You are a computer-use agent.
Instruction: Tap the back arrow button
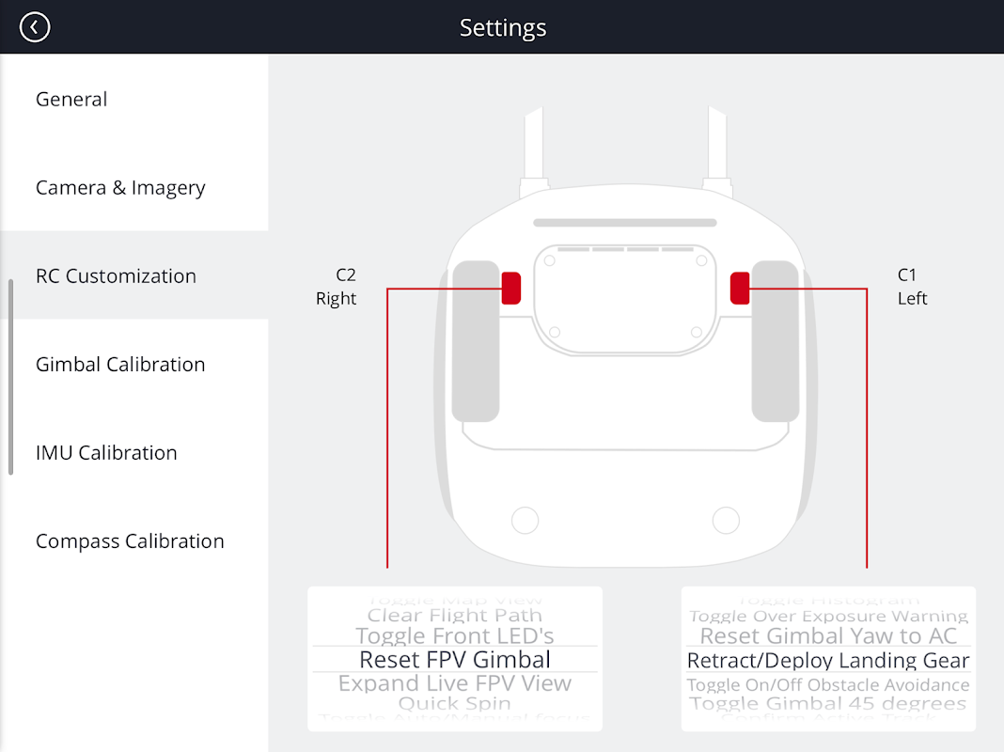[x=35, y=27]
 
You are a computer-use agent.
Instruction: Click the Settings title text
[x=502, y=27]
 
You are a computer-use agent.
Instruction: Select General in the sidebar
[x=71, y=100]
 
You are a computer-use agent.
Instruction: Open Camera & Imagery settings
[x=120, y=188]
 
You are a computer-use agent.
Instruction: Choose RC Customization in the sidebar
[x=116, y=276]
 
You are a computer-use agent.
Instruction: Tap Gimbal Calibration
[x=120, y=365]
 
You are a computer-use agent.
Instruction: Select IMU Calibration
[x=106, y=453]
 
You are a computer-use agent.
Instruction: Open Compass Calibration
[x=130, y=541]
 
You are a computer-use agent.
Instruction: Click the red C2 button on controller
[x=510, y=288]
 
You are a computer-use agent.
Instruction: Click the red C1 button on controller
[x=740, y=288]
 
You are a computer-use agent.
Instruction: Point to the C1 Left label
[x=911, y=287]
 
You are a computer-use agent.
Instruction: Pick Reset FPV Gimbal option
[x=455, y=660]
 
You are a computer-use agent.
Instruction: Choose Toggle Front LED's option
[x=455, y=636]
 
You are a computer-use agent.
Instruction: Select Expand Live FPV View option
[x=455, y=683]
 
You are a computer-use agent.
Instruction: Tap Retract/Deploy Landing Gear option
[x=828, y=661]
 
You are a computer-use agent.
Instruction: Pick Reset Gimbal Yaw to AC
[x=828, y=636]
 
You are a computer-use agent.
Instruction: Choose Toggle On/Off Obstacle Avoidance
[x=828, y=684]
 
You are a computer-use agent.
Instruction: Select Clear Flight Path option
[x=455, y=616]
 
